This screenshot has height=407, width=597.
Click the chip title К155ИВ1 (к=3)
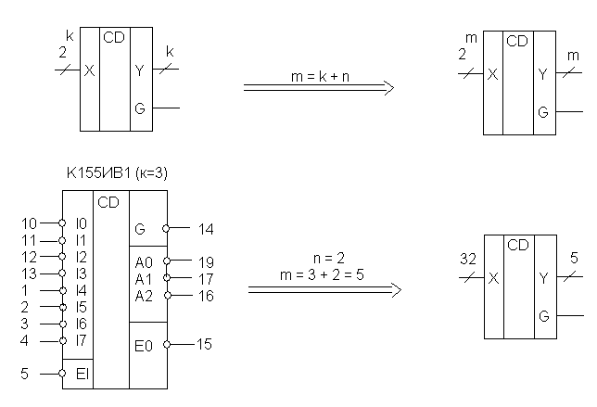[x=117, y=173]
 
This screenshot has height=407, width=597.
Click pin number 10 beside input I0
[x=29, y=223]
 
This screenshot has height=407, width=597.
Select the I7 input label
[x=81, y=340]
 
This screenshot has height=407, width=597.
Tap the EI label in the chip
[x=83, y=374]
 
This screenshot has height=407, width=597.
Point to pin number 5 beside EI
[x=24, y=374]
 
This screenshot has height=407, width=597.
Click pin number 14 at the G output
[x=206, y=229]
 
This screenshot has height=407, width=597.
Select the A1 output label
[x=143, y=279]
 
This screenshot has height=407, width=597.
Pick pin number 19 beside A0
[x=206, y=262]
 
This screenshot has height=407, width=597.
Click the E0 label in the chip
[x=144, y=346]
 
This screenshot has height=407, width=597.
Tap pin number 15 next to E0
[x=204, y=344]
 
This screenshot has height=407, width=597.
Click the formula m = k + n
[x=320, y=77]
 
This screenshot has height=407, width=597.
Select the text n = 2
[x=329, y=259]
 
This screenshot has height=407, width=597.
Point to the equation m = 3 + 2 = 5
[x=322, y=274]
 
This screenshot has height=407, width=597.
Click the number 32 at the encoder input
[x=468, y=259]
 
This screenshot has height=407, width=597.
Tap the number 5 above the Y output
[x=574, y=258]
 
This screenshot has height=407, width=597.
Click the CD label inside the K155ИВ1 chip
[x=108, y=202]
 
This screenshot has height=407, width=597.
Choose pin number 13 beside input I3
[x=29, y=273]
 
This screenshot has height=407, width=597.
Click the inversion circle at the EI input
[x=62, y=374]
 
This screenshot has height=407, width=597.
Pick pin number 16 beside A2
[x=206, y=296]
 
